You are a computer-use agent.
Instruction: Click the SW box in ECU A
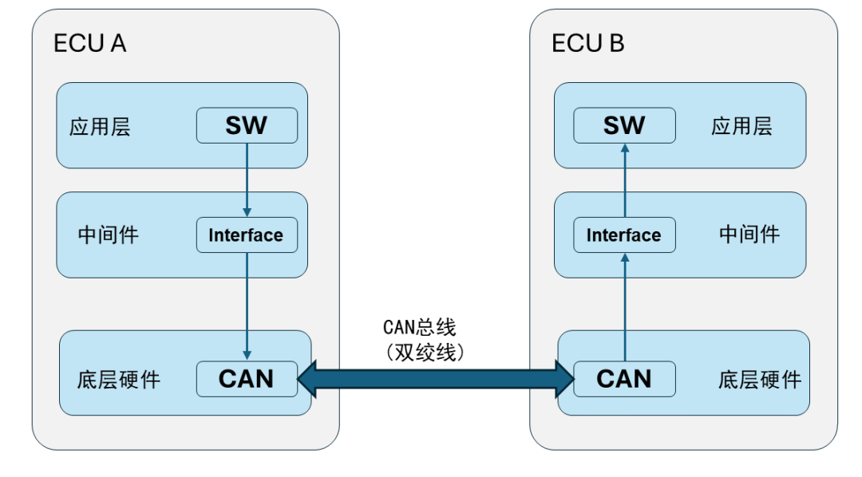pyautogui.click(x=247, y=125)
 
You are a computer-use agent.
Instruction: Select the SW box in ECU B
pyautogui.click(x=624, y=125)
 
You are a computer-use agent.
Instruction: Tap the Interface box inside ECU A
pyautogui.click(x=247, y=235)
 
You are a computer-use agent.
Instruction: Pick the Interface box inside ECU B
pyautogui.click(x=624, y=235)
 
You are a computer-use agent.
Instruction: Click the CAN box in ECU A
pyautogui.click(x=247, y=378)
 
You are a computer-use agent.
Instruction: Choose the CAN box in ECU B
pyautogui.click(x=624, y=378)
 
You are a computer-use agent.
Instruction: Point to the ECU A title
pyautogui.click(x=89, y=43)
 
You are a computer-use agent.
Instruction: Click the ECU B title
pyautogui.click(x=588, y=43)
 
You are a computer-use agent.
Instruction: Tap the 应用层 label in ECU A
pyautogui.click(x=100, y=127)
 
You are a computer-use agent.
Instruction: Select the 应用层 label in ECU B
pyautogui.click(x=741, y=126)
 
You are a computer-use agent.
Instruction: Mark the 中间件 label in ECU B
pyautogui.click(x=749, y=235)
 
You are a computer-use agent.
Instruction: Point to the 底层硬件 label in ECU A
pyautogui.click(x=121, y=379)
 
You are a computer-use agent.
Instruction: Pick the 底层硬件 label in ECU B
pyautogui.click(x=759, y=379)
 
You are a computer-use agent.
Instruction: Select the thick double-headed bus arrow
pyautogui.click(x=435, y=378)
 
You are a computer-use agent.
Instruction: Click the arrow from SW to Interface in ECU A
pyautogui.click(x=247, y=180)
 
